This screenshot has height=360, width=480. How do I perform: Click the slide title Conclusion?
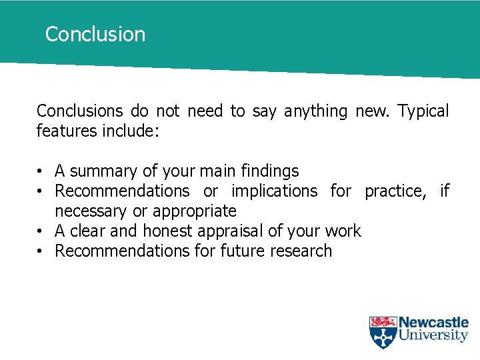tap(95, 34)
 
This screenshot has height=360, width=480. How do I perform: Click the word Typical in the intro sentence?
tap(423, 111)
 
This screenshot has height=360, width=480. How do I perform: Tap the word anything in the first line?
tap(315, 111)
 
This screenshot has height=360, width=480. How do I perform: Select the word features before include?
tap(67, 131)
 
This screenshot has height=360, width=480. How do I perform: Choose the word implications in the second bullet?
tap(274, 191)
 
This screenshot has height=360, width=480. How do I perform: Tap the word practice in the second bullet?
tap(394, 191)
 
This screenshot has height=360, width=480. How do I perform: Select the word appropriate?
tap(195, 211)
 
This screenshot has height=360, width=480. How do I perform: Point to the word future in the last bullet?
tap(239, 251)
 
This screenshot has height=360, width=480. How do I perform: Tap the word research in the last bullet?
tap(301, 251)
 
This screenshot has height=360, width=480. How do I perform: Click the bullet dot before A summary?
tap(41, 171)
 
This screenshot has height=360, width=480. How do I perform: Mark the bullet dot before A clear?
tap(41, 231)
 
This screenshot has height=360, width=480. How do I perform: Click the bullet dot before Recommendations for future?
tap(41, 251)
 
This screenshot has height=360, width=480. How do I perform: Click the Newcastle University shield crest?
tap(383, 332)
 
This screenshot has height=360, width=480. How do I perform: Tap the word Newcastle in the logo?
tap(433, 323)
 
